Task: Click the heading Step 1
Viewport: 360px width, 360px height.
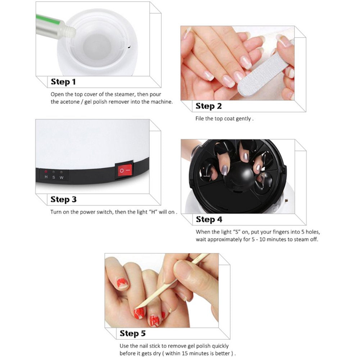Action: [63, 82]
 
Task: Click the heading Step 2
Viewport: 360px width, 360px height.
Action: [209, 106]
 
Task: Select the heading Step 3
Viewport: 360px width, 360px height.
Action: [63, 199]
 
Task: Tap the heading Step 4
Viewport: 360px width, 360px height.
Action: [209, 219]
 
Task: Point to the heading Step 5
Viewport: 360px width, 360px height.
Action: [133, 333]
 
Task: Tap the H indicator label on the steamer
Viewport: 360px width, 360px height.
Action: [46, 177]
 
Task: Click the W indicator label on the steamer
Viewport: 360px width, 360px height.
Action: [61, 177]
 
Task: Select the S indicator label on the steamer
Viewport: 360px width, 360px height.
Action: [54, 177]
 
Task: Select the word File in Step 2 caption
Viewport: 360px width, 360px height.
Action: [200, 119]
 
